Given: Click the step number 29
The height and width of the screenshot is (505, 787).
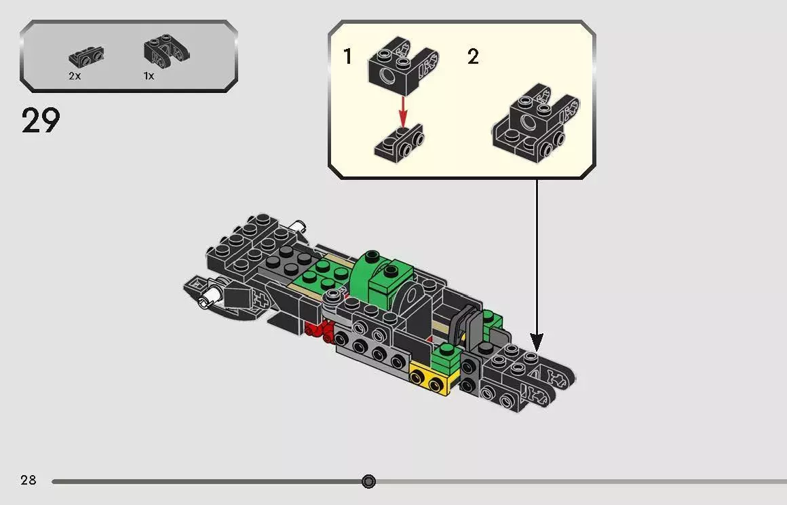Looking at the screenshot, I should [x=41, y=121].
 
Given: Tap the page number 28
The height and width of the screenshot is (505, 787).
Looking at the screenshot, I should [x=28, y=481].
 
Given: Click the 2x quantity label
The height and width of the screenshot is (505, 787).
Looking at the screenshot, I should [x=75, y=76].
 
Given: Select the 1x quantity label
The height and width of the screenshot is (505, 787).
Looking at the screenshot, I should [x=149, y=76].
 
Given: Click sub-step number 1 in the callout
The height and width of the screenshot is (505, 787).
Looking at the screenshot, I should [x=348, y=57].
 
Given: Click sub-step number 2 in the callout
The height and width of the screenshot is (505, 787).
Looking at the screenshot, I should [x=473, y=57].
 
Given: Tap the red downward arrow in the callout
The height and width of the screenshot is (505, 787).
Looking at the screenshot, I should [x=403, y=109].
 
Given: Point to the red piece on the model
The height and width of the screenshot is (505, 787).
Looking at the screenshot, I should [x=316, y=331].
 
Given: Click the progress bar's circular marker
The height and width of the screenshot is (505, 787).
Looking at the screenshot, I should [x=368, y=481].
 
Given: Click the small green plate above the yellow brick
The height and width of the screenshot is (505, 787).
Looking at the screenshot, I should [x=446, y=356].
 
